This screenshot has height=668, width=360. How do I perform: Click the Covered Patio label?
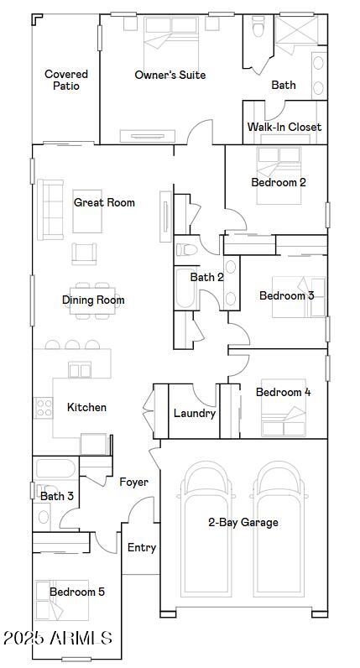[66, 80]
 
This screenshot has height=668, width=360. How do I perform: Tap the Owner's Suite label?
[170, 75]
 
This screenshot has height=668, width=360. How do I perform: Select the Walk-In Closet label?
[284, 127]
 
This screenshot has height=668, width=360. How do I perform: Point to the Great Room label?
[104, 202]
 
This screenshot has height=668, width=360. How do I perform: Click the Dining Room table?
[93, 300]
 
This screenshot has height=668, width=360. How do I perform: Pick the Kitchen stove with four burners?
[44, 407]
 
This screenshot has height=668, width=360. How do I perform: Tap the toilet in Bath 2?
[186, 249]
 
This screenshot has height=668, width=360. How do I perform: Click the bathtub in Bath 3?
[55, 468]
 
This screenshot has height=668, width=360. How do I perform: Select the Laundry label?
[195, 413]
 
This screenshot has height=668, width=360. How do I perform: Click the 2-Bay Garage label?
[243, 522]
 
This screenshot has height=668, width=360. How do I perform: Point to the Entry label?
[142, 548]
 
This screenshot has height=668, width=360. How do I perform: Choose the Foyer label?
[133, 483]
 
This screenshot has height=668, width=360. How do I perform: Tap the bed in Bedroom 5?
[62, 600]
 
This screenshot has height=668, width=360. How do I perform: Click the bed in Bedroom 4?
[284, 407]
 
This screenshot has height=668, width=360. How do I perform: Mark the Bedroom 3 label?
[287, 295]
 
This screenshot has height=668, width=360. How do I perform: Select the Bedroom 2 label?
[279, 183]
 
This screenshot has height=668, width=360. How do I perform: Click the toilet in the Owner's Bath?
[258, 27]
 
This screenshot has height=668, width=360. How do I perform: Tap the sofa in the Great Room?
[50, 210]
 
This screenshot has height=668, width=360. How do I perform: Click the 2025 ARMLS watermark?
[57, 638]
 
